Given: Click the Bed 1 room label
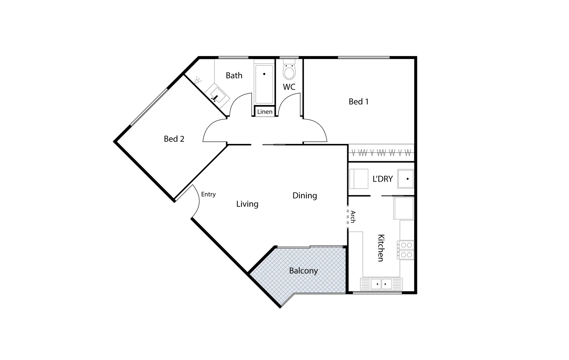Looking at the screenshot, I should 359,102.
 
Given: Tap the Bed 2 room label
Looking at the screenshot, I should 174,139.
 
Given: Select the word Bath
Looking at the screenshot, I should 234,76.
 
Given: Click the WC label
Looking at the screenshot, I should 289,87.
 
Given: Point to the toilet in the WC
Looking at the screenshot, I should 289,71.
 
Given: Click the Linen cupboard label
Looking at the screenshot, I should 265,112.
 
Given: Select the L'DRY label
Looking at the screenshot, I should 383,179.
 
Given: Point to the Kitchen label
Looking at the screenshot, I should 381,248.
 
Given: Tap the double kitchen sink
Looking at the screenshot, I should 381,284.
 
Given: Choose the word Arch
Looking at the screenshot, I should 353,217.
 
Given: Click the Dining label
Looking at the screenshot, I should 305,196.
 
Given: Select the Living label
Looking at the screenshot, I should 247,204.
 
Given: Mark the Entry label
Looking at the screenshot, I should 208,194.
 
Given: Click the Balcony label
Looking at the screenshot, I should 303,271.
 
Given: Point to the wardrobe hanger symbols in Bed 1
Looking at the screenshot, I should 381,153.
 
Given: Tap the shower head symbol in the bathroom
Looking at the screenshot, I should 198,80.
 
